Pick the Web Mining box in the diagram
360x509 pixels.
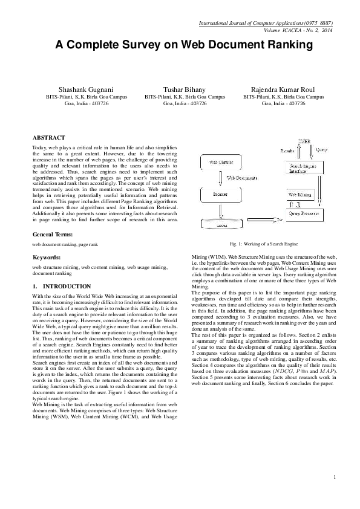point(301,195)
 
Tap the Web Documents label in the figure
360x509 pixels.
point(240,178)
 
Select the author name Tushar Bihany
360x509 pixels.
point(186,88)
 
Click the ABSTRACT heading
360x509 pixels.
point(49,138)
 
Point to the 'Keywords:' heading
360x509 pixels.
point(47,257)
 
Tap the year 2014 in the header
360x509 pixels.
point(327,29)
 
